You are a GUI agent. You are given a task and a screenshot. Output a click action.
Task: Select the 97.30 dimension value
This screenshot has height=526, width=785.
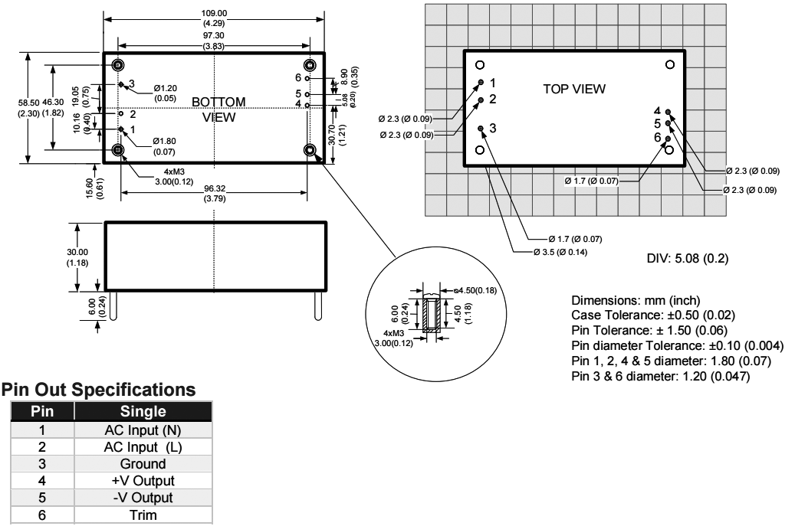point(215,36)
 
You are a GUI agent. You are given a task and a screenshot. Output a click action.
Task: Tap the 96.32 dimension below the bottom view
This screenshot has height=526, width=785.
point(215,192)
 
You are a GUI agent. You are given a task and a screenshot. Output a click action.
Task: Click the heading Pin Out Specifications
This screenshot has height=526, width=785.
point(100,390)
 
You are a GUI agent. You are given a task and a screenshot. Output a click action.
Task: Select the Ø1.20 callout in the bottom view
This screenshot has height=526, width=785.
point(165,93)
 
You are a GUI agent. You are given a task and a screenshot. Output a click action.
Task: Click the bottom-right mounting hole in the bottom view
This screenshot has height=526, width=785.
point(310,150)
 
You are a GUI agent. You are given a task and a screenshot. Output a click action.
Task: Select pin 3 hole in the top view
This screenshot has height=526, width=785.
point(481,129)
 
